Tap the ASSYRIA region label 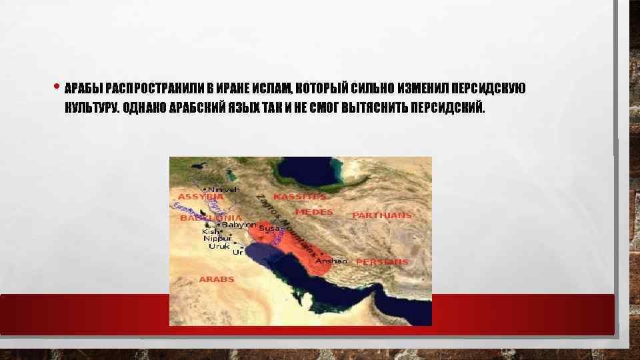(x=200, y=197)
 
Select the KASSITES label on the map (x=300, y=197)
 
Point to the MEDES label (x=313, y=212)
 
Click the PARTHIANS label (x=382, y=215)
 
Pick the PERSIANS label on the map (x=381, y=262)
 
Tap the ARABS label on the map (x=217, y=279)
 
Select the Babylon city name (x=238, y=225)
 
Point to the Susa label (x=269, y=228)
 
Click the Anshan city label (x=331, y=261)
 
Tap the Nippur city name (x=217, y=238)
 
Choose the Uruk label (x=219, y=246)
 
